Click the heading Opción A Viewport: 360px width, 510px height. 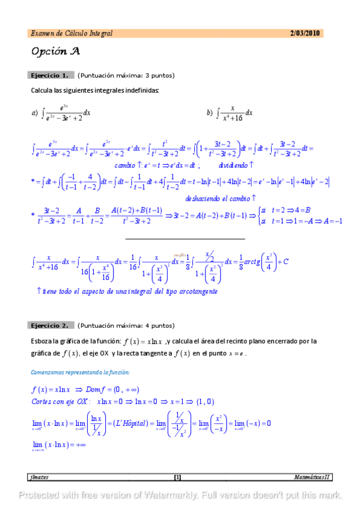tap(55, 51)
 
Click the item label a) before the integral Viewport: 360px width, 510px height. tap(34, 112)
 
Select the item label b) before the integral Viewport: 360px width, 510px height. tap(209, 112)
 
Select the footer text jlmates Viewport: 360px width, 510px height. tap(39, 478)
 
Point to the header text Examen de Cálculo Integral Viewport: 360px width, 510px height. tap(71, 33)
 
